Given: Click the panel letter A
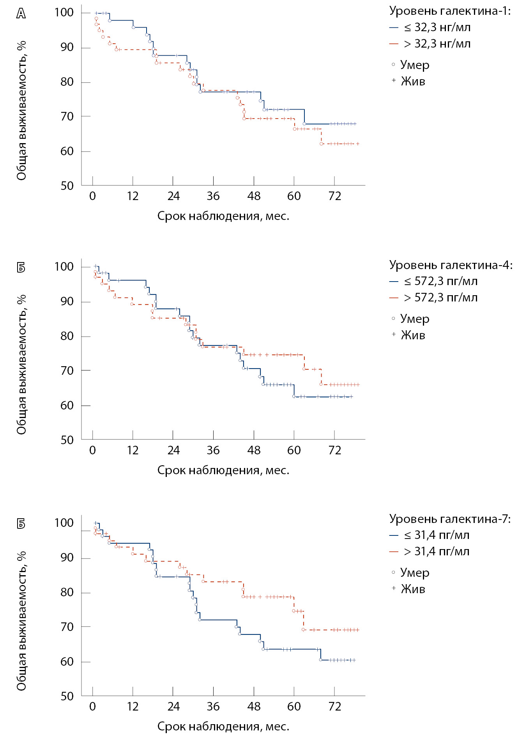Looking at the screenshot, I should coord(21,14).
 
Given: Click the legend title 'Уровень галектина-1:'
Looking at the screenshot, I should coord(450,11).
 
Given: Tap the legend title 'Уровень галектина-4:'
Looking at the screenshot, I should coord(451,265).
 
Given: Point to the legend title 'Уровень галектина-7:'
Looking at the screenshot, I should coord(450,519).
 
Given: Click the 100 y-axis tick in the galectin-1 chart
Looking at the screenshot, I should coord(64,12).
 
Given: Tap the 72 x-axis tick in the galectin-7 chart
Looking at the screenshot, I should coord(334,707).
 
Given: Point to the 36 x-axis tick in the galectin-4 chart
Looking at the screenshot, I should coord(213,450).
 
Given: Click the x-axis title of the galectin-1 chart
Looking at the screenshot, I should coord(223,216).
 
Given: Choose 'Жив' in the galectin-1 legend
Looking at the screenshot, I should coord(413,81).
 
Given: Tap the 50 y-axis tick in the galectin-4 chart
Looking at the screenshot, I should coord(67,440).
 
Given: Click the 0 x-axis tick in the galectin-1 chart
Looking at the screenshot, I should coord(92,196).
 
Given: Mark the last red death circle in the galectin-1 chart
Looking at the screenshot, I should coord(322,144).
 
